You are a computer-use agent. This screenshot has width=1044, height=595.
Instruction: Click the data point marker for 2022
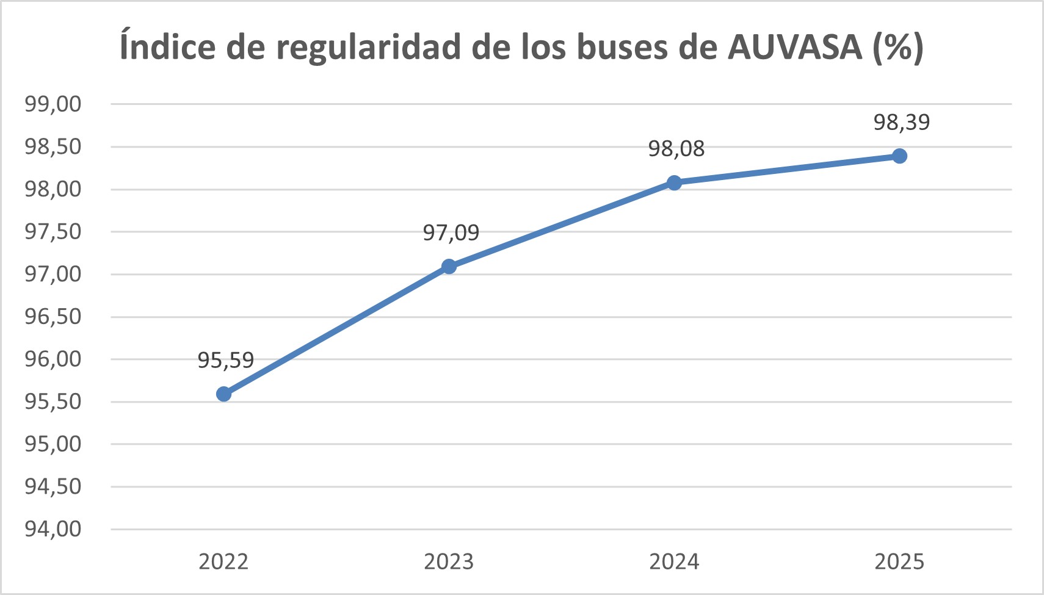point(223,394)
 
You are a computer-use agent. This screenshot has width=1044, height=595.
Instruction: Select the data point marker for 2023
point(449,267)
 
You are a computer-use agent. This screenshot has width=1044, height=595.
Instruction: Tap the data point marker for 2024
point(674,183)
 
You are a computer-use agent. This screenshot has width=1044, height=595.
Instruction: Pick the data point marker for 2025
point(899,156)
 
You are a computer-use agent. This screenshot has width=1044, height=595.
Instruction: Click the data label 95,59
point(225,360)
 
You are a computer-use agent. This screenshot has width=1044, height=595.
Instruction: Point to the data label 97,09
point(451,233)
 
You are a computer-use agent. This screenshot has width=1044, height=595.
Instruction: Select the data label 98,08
point(676,148)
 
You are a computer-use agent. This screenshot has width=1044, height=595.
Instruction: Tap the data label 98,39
point(902,122)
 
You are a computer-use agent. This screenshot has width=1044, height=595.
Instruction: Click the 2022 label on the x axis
point(223,561)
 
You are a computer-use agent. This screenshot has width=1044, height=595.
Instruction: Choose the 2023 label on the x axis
point(449,561)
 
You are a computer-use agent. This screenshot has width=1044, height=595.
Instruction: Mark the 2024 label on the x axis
point(674,561)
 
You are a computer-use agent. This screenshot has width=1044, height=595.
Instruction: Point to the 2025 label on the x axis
point(899,561)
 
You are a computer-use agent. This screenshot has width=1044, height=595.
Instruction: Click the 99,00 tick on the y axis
point(53,104)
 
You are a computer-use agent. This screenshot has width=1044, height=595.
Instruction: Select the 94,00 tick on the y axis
point(53,529)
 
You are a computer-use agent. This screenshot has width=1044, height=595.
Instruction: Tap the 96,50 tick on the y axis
point(53,317)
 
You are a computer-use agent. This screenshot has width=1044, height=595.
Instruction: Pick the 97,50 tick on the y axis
point(53,232)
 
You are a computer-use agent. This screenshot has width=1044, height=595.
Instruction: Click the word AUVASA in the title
point(794,46)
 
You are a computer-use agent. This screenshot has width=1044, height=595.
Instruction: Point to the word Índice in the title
point(167,46)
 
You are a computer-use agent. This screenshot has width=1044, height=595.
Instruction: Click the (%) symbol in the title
point(897,46)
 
